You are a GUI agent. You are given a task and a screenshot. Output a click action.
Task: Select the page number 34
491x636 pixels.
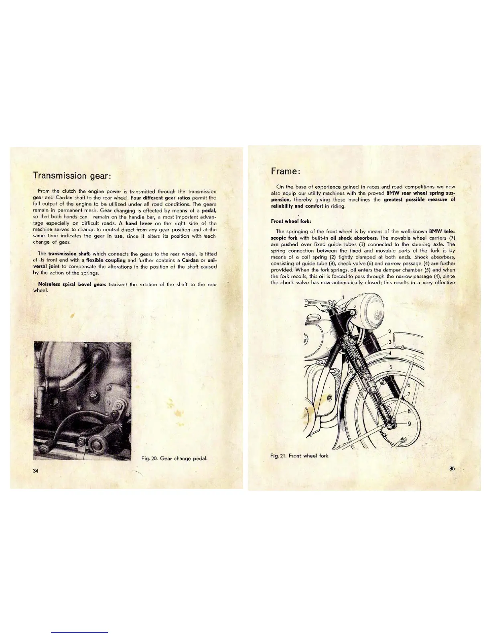point(36,471)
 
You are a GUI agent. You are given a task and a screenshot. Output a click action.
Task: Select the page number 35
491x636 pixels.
point(452,468)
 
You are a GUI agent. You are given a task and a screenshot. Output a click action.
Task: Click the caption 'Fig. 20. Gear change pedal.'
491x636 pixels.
point(174,458)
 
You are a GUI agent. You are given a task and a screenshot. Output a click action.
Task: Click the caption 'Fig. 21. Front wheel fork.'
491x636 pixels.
point(300,456)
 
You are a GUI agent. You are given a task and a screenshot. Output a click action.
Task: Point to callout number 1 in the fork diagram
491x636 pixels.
point(343,297)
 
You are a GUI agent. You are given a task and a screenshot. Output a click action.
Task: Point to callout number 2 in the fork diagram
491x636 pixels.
point(389,332)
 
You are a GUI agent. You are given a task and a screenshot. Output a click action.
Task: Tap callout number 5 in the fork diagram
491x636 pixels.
point(391,367)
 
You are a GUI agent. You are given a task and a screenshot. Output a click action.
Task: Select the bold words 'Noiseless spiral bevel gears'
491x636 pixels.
point(72,284)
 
